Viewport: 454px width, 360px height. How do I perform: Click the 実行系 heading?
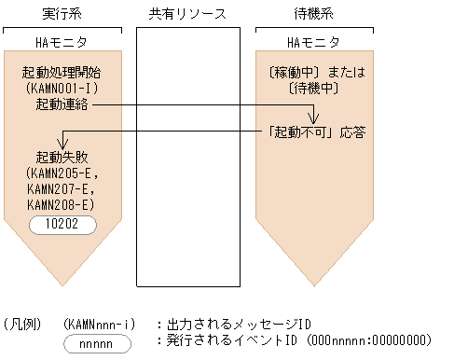click(x=62, y=13)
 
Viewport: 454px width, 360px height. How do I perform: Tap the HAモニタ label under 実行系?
click(x=62, y=42)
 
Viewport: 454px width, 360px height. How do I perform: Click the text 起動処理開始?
click(x=62, y=73)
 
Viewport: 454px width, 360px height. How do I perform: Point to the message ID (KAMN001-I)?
click(x=62, y=89)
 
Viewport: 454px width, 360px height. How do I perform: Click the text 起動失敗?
click(x=62, y=157)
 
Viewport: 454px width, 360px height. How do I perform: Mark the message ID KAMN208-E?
click(x=62, y=205)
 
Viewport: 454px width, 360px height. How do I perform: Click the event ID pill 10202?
click(x=62, y=225)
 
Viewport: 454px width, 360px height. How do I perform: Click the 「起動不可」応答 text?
click(x=316, y=132)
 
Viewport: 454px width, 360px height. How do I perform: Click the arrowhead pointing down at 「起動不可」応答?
click(x=315, y=119)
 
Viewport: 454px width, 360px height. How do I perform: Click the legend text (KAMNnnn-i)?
click(x=99, y=324)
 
